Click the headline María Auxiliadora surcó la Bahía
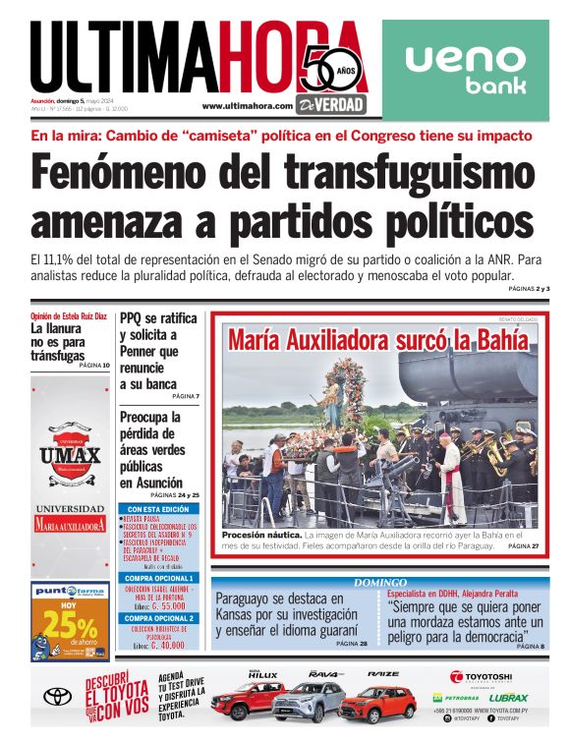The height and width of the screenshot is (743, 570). pos(378,341)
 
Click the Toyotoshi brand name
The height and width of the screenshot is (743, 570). pos(481,676)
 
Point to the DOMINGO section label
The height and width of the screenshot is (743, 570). pos(379,583)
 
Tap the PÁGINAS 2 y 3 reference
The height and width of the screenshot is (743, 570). pos(529,289)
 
